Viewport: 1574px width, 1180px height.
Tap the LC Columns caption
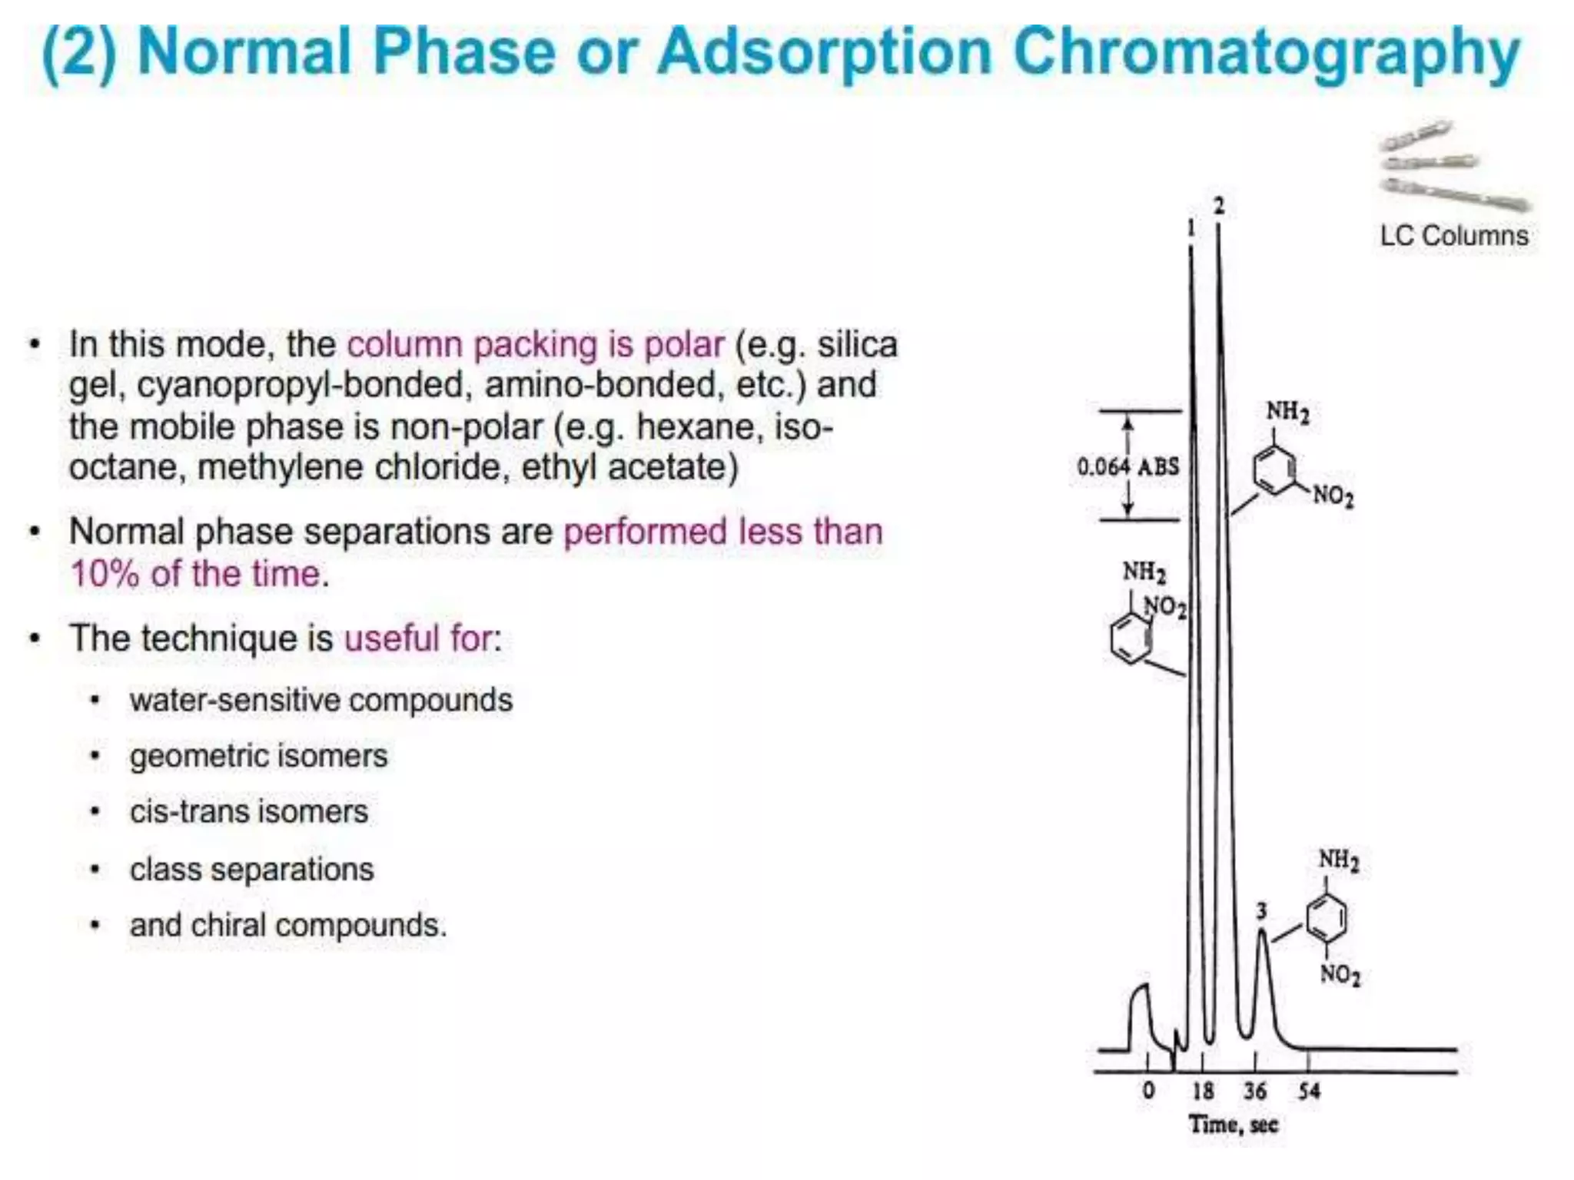click(1454, 236)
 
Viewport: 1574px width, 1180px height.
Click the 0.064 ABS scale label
click(1127, 466)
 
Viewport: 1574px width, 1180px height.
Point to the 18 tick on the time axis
click(1203, 1091)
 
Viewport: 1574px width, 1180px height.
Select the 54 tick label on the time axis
click(1309, 1091)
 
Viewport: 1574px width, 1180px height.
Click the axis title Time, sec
click(1233, 1125)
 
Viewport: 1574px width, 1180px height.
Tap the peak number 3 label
click(1261, 911)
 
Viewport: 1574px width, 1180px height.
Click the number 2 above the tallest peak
click(1219, 205)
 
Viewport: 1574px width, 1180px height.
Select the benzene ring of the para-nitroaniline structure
click(1327, 917)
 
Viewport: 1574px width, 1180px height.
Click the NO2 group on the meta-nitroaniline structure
click(1333, 496)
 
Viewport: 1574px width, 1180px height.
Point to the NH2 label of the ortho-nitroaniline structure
click(1144, 572)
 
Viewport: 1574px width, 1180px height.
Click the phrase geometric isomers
click(258, 756)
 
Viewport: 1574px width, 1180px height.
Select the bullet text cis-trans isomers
click(249, 812)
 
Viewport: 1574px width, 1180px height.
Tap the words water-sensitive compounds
click(320, 700)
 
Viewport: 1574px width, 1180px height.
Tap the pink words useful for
click(421, 638)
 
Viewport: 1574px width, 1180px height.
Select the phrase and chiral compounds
click(287, 925)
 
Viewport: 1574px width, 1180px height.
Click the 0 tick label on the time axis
click(1148, 1091)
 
